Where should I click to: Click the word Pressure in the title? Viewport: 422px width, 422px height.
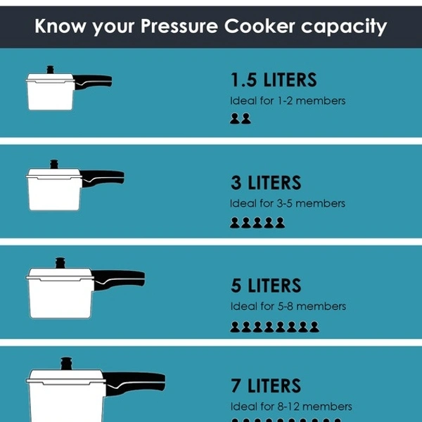point(179,26)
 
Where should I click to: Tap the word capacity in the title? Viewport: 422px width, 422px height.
point(344,27)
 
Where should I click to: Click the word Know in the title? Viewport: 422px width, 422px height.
point(60,26)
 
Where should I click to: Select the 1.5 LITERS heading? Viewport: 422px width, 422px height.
point(274,80)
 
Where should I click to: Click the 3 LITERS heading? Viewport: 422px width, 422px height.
point(266,183)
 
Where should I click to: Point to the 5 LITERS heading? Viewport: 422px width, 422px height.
point(266,286)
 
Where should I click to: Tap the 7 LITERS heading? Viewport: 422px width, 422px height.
point(266,385)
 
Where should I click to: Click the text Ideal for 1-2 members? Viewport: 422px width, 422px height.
point(288,101)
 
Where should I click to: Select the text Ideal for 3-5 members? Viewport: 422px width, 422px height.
point(288,203)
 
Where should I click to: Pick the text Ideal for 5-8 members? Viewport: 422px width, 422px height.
point(288,306)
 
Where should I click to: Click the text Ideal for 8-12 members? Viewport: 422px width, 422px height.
point(291,407)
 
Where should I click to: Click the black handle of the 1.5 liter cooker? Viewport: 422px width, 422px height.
point(94,82)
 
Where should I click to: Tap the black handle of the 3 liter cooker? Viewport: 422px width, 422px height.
point(103,178)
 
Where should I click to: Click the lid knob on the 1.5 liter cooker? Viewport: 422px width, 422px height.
point(50,70)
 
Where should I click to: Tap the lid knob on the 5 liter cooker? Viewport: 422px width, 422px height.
point(60,263)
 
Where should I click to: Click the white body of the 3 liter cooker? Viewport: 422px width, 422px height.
point(54,193)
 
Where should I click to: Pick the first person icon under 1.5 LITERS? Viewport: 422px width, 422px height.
point(235,118)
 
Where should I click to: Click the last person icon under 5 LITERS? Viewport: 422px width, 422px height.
point(314,327)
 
